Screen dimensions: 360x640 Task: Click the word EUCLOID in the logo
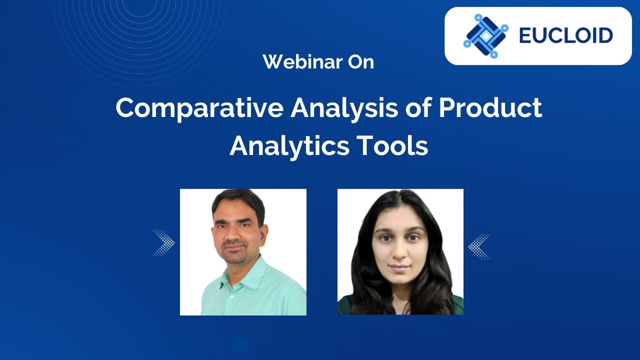coord(565,36)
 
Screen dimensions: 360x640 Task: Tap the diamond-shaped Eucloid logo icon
coord(485,36)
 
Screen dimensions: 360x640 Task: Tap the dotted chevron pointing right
coord(163,243)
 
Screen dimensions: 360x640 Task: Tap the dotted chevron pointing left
coord(479,246)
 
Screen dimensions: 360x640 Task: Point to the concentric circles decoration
coord(140,35)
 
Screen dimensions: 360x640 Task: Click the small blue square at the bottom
coord(240,345)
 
